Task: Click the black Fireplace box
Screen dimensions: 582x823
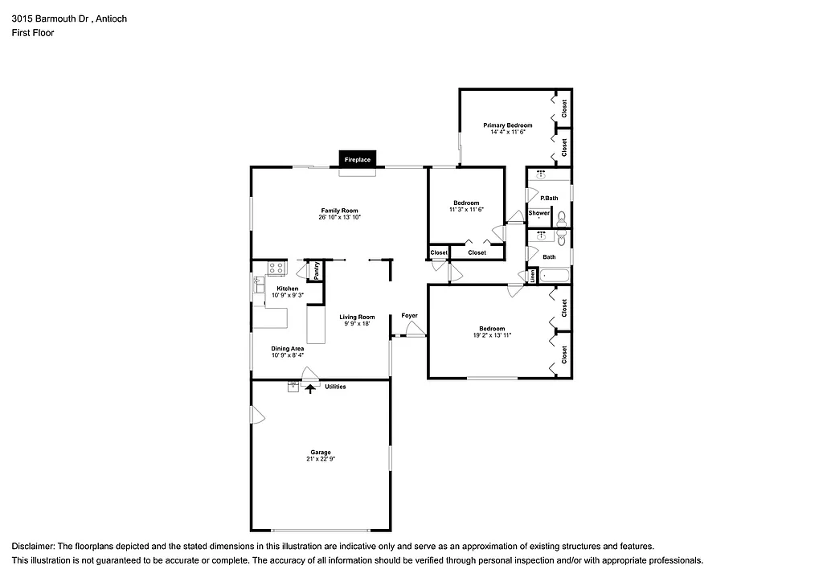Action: click(x=358, y=159)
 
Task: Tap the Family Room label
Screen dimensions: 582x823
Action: click(x=338, y=211)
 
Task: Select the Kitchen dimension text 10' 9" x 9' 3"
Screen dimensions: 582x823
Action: click(x=287, y=296)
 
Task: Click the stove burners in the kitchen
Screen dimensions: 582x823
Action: click(x=277, y=268)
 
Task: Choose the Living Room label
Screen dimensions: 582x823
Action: click(x=356, y=317)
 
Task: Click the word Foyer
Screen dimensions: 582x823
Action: click(x=409, y=316)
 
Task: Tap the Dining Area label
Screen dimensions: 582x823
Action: click(x=287, y=348)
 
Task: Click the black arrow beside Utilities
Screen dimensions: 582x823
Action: click(x=312, y=388)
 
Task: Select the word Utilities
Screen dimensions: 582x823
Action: click(x=335, y=387)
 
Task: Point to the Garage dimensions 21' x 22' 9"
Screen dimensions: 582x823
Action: click(x=320, y=459)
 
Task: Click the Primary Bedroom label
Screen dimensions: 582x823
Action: click(x=507, y=125)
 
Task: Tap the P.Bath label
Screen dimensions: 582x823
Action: click(x=549, y=198)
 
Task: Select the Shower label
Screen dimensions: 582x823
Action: click(x=539, y=213)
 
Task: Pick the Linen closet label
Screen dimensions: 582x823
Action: click(x=532, y=276)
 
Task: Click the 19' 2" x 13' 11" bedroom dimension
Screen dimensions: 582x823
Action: click(x=492, y=334)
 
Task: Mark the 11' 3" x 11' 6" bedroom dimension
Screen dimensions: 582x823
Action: click(x=466, y=209)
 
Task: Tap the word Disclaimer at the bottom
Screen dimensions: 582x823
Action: click(x=34, y=546)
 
